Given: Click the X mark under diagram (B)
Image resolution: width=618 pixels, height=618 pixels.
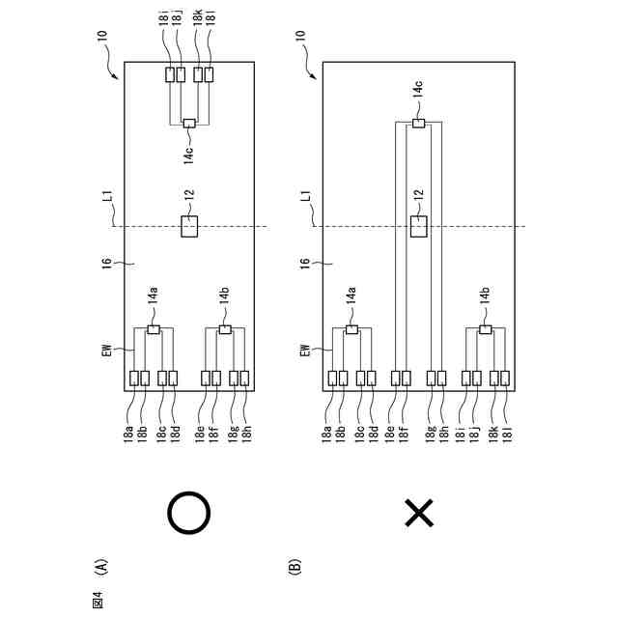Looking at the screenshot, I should (418, 513).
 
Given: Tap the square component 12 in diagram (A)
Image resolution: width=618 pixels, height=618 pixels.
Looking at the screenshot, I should (189, 226).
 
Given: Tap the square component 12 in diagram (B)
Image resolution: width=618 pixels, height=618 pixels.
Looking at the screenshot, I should (418, 226).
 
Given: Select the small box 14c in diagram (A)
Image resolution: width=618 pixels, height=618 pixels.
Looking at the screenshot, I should (189, 123).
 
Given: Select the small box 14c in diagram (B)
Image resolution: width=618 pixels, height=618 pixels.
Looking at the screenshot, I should (418, 123).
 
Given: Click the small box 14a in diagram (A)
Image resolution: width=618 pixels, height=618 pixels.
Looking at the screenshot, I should (154, 329).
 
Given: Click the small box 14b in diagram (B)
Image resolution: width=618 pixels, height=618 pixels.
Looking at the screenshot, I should (486, 329).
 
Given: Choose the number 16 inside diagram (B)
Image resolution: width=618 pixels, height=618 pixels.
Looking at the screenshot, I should (305, 265).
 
